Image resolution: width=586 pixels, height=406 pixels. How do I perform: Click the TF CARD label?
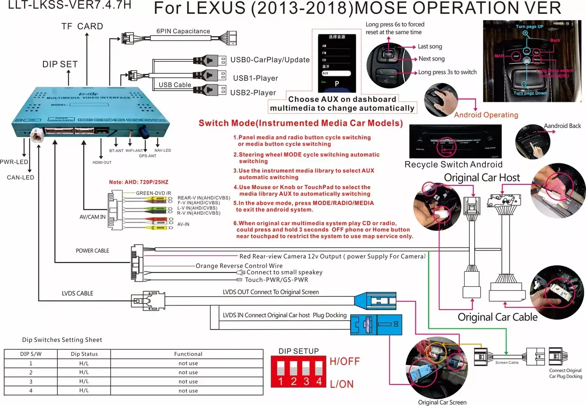click(x=82, y=26)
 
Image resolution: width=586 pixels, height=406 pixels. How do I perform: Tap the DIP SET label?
click(x=60, y=64)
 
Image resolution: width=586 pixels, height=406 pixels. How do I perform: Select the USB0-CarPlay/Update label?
click(x=270, y=60)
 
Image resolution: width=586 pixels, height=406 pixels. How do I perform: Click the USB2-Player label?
click(x=253, y=93)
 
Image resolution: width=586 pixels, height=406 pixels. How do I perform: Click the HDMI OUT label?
click(x=102, y=162)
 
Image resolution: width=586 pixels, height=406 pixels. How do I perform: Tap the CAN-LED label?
click(x=20, y=178)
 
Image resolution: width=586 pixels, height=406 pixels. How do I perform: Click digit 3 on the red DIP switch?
click(x=306, y=381)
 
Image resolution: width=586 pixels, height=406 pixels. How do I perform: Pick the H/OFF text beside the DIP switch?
click(x=345, y=361)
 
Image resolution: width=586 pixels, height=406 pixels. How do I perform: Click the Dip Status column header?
click(x=84, y=354)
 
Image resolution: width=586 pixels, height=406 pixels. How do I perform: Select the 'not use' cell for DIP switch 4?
click(x=188, y=391)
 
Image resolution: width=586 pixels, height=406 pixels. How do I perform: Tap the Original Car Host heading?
click(x=482, y=178)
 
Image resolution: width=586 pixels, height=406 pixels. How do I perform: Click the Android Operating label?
click(x=486, y=115)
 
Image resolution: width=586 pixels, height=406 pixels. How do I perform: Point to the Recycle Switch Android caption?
click(x=453, y=164)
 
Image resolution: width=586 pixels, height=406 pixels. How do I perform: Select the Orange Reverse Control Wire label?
click(x=239, y=266)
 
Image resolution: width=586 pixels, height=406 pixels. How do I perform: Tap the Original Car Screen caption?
click(x=442, y=402)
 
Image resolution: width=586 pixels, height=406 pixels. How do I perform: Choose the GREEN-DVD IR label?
click(x=153, y=193)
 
